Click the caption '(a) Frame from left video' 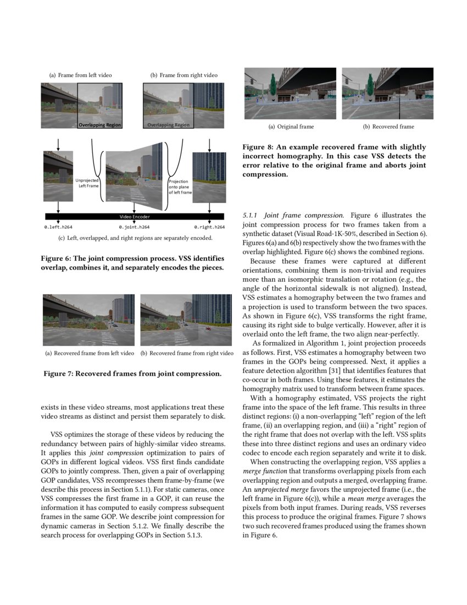coord(81,75)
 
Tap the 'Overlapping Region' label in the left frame coord(99,125)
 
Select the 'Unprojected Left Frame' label coord(87,183)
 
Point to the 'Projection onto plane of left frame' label coord(180,187)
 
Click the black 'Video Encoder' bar coord(134,217)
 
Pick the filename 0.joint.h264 coord(134,227)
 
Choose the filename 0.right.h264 coord(209,227)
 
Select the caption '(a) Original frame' coord(291,127)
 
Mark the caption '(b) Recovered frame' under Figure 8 coord(388,127)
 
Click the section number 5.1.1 coord(251,215)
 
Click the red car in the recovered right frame coord(208,329)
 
